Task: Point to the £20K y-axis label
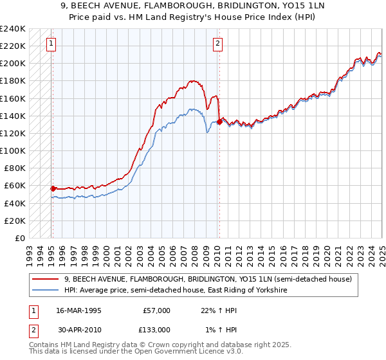point(15,221)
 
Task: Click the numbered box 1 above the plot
point(51,44)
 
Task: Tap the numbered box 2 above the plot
point(218,44)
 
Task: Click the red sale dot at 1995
point(53,188)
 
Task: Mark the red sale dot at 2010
point(219,122)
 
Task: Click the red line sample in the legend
point(46,280)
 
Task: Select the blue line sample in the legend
point(46,291)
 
